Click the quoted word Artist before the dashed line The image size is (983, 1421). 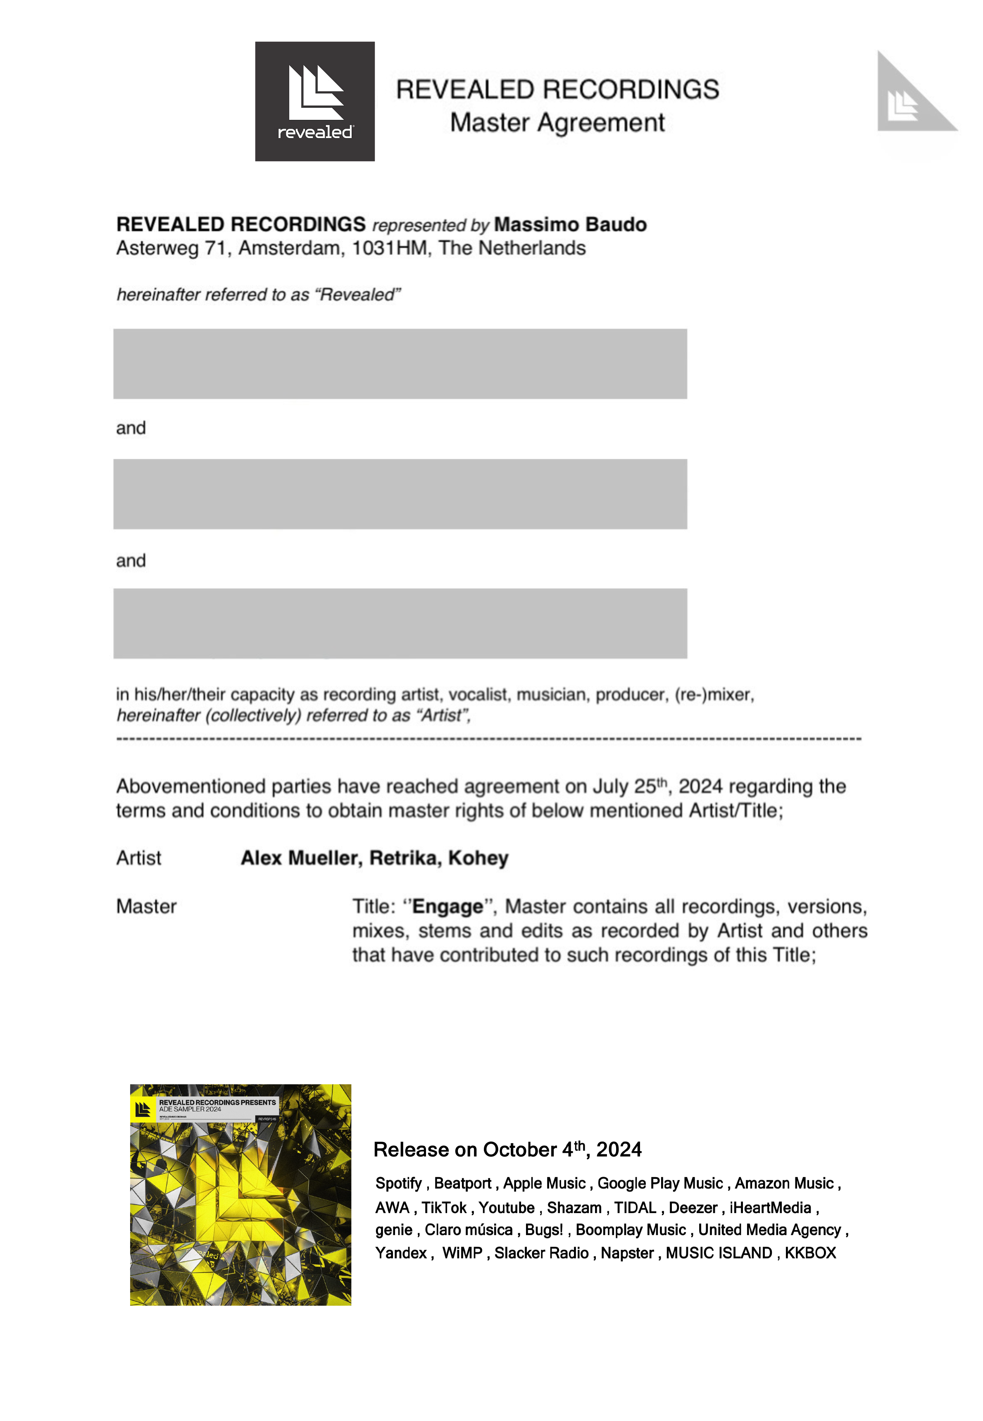(442, 716)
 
